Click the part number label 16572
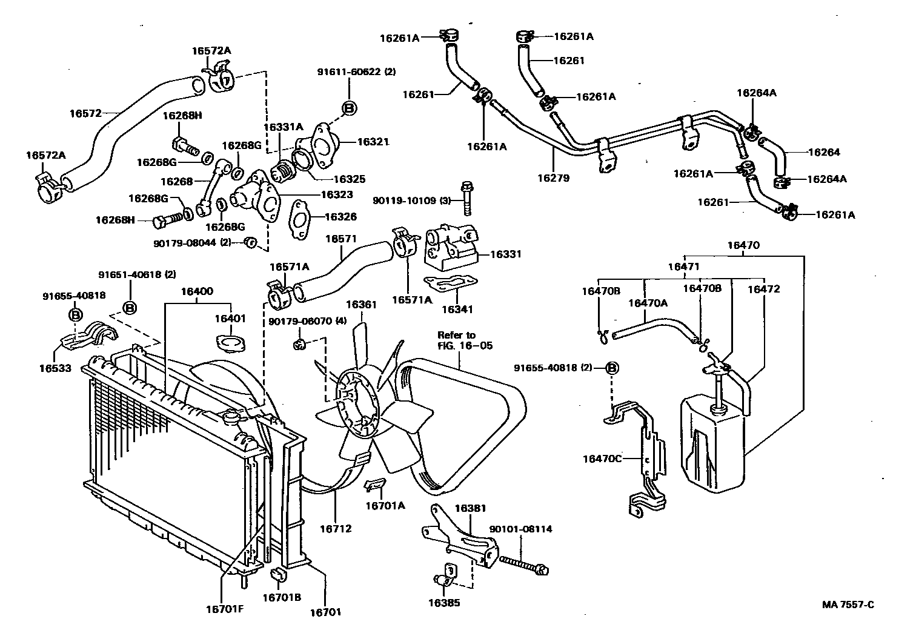[84, 113]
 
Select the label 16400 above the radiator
[197, 291]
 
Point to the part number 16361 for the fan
[361, 305]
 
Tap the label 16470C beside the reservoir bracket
[602, 459]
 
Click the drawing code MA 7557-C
[848, 605]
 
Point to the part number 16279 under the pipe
[553, 179]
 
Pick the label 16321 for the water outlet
[373, 142]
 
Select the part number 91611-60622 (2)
[356, 72]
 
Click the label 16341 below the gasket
[457, 310]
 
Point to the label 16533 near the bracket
[55, 368]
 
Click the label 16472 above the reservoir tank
[763, 290]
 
